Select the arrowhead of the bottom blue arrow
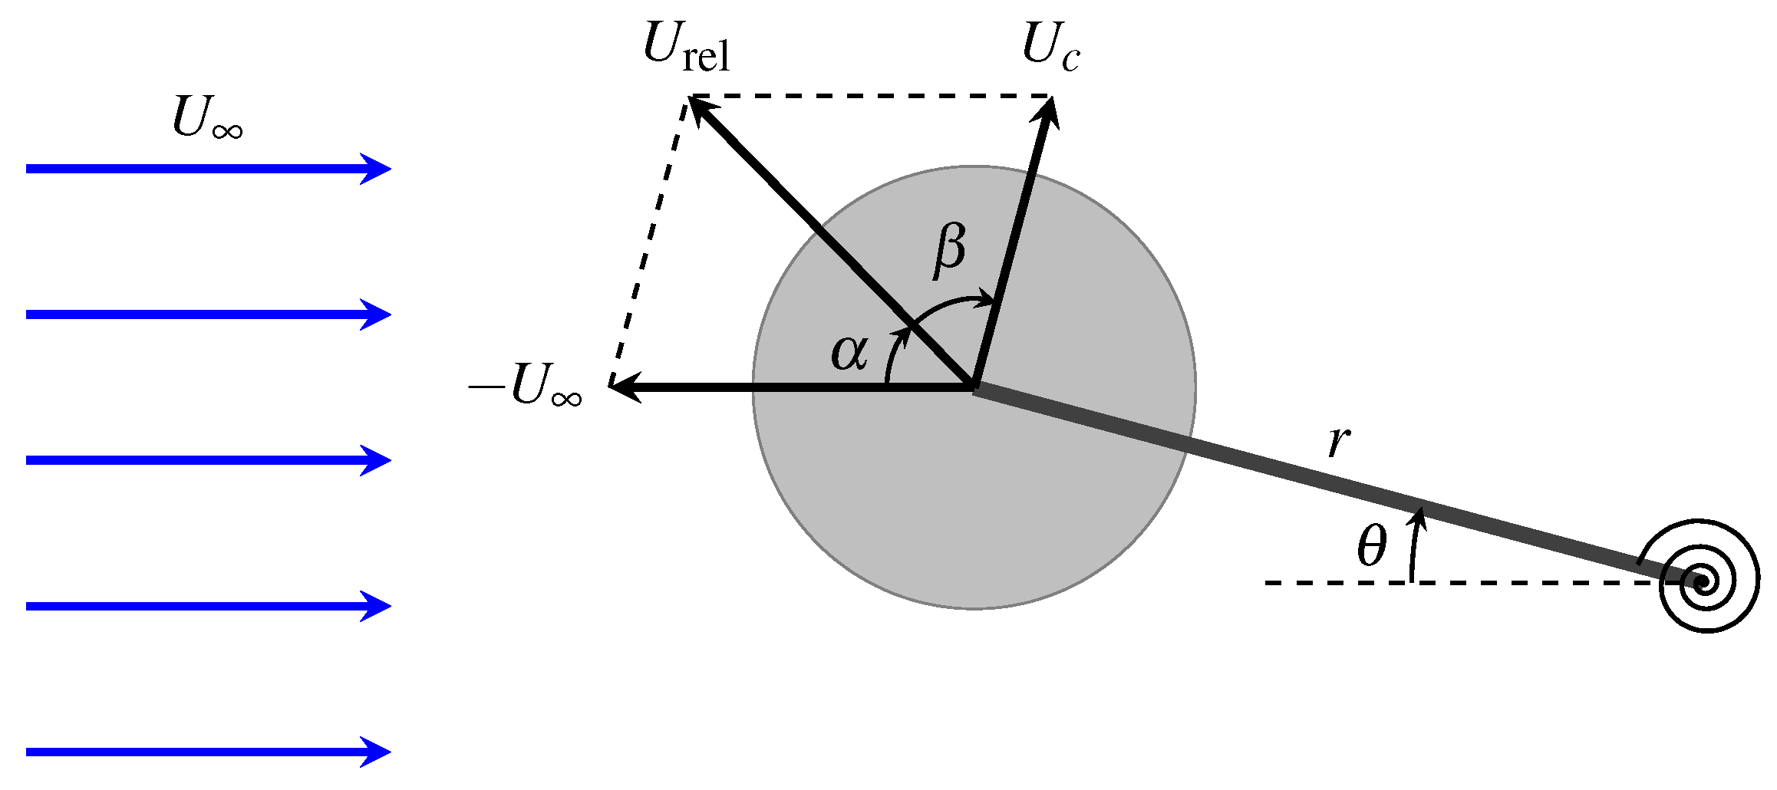click(x=380, y=752)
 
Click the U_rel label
click(x=686, y=48)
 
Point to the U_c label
click(x=1050, y=48)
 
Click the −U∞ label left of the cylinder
click(x=526, y=386)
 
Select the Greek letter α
click(x=850, y=354)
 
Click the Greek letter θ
click(x=1371, y=547)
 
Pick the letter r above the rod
click(x=1338, y=442)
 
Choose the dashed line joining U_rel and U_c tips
click(x=871, y=96)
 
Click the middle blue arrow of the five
click(x=207, y=460)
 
